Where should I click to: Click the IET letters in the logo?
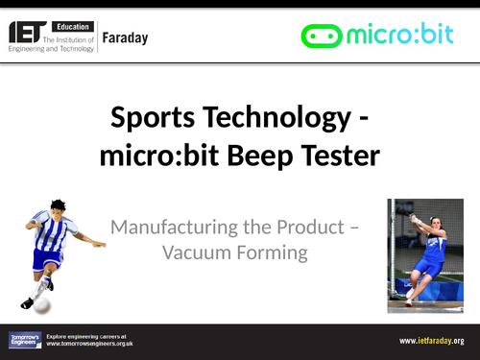pos(31,33)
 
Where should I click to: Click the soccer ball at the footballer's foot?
pos(43,303)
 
